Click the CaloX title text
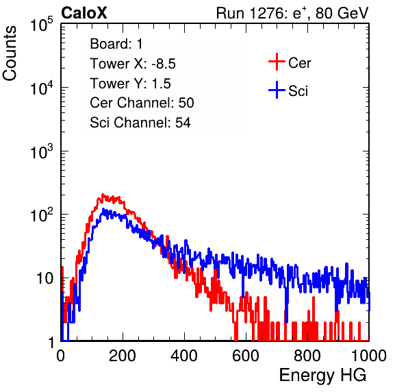(x=84, y=13)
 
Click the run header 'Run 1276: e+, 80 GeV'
(x=292, y=13)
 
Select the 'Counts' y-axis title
(x=10, y=53)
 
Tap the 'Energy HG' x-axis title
(x=322, y=376)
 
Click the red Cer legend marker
(x=277, y=62)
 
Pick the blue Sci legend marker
(x=277, y=90)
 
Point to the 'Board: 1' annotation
(x=116, y=44)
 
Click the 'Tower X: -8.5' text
(x=133, y=64)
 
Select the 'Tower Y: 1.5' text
(x=130, y=84)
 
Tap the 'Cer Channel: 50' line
(x=142, y=103)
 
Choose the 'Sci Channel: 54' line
(x=140, y=123)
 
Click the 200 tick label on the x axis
(x=123, y=355)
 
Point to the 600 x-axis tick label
(x=246, y=355)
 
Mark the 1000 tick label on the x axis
(x=369, y=355)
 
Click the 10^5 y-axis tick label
(x=42, y=24)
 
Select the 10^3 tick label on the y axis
(x=42, y=151)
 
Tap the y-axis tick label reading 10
(x=44, y=278)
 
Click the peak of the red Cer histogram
(x=103, y=195)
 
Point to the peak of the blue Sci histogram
(x=103, y=209)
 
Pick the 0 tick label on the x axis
(x=61, y=355)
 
